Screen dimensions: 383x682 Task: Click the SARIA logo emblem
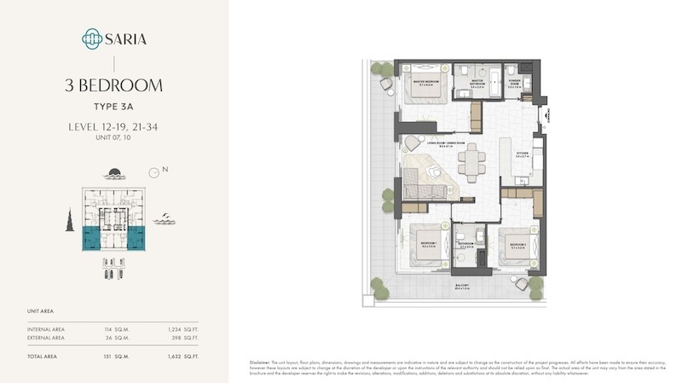[x=91, y=38]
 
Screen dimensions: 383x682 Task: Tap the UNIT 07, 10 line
[x=113, y=137]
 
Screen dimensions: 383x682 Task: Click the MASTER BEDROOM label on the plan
[x=425, y=83]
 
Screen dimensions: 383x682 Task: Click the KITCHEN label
[x=523, y=154]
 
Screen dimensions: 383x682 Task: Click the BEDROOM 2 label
[x=518, y=244]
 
